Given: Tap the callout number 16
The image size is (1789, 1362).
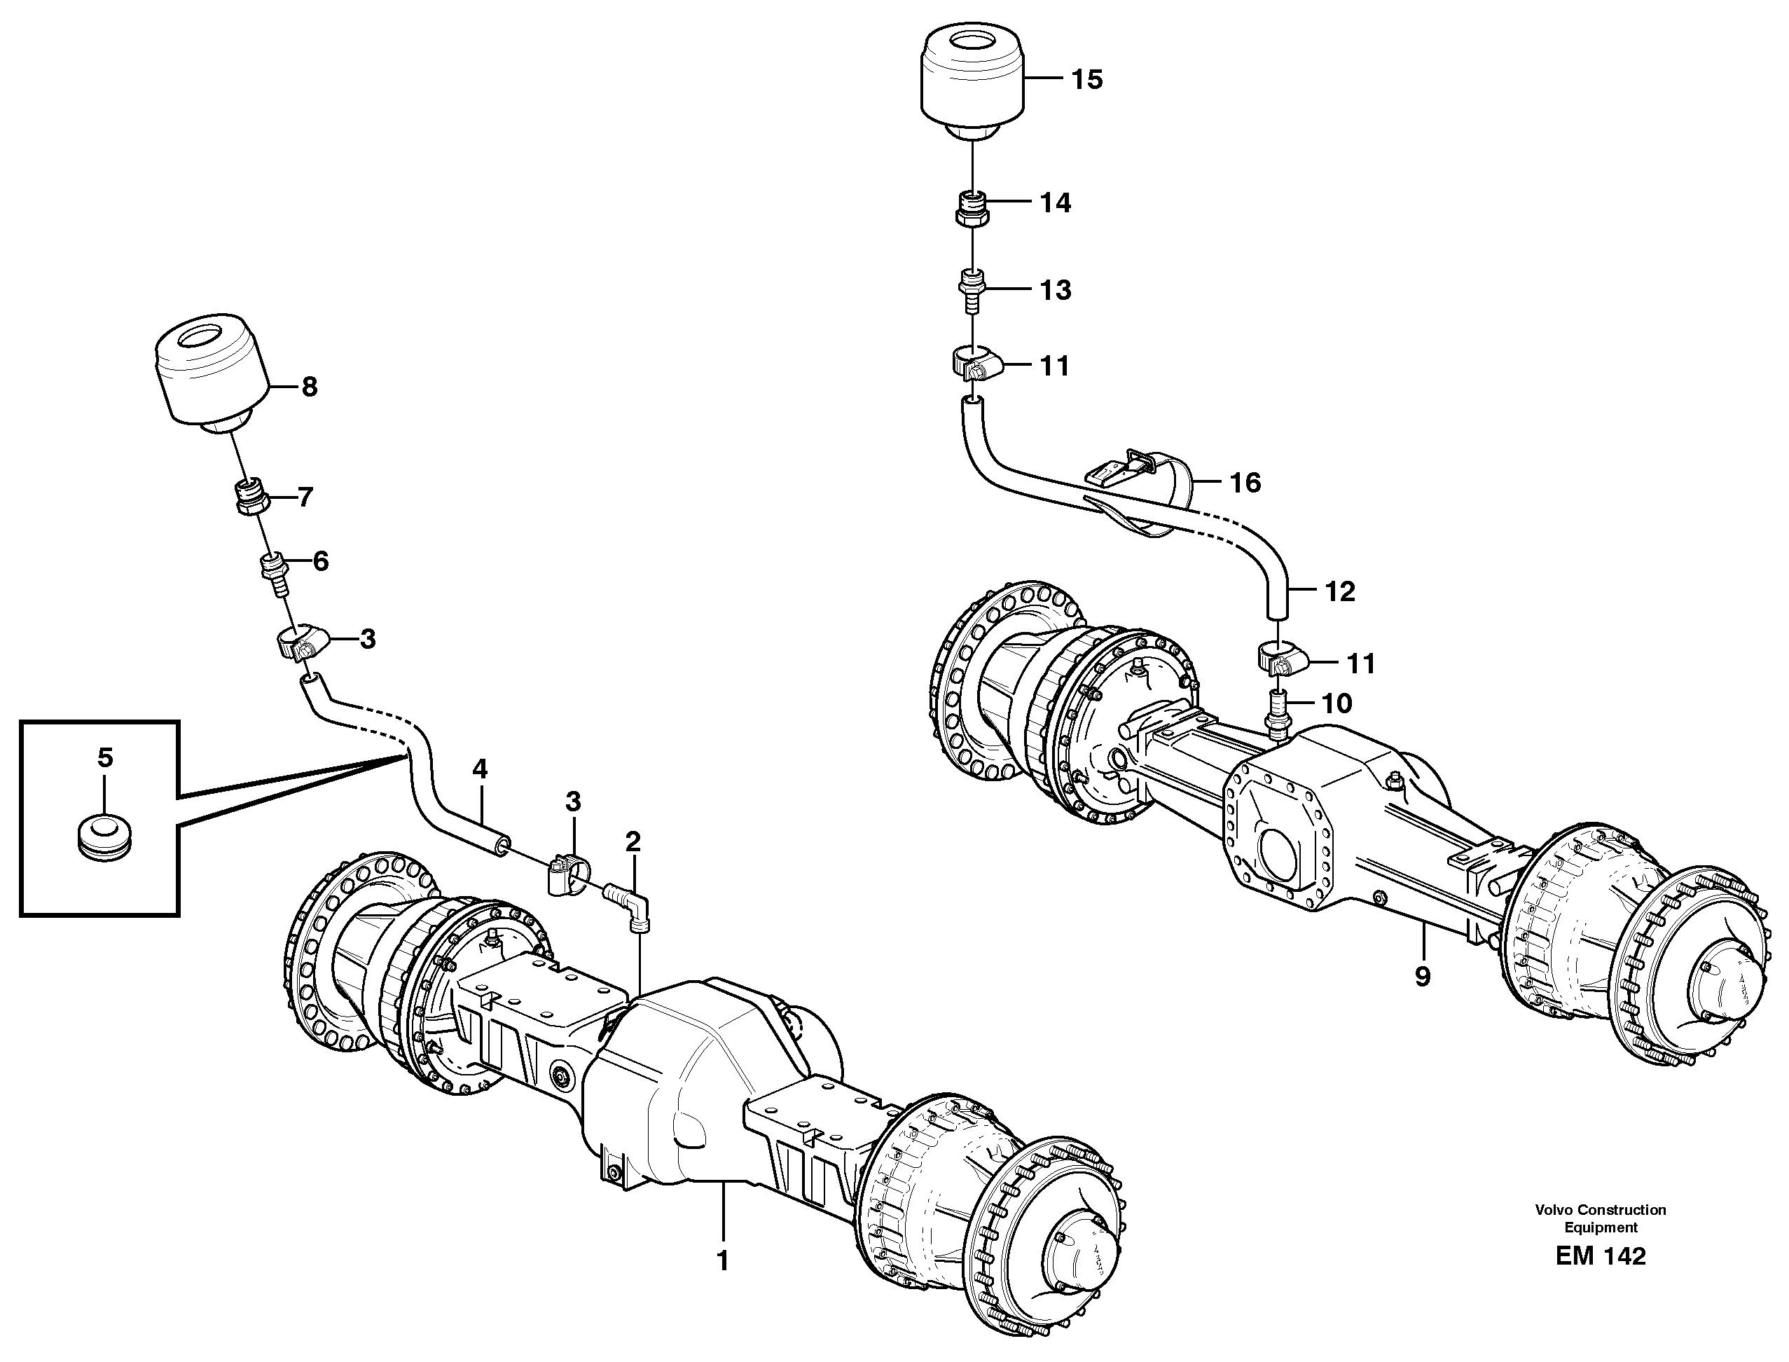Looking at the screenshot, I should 1245,483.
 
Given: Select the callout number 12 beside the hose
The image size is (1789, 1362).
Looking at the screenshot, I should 1339,592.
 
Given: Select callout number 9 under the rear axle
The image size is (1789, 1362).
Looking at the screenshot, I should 1423,977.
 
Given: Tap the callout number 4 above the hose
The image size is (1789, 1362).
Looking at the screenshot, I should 480,769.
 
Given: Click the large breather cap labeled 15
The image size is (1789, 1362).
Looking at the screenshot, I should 973,82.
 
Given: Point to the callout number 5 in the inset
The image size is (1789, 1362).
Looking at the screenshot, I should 105,758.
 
